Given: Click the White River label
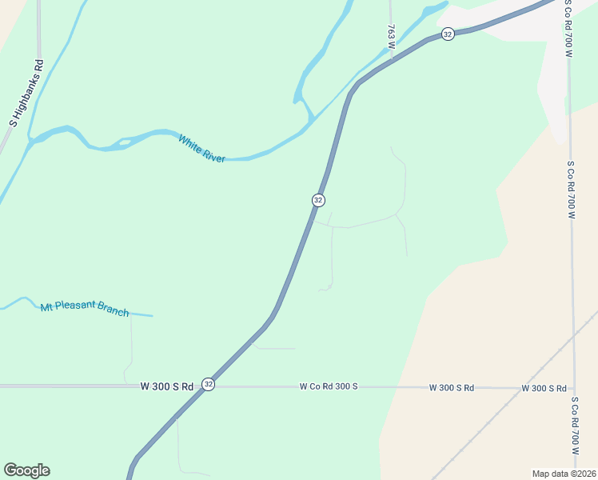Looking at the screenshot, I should (201, 149).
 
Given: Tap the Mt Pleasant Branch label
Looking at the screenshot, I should (85, 308).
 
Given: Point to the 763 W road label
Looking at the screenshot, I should (391, 37).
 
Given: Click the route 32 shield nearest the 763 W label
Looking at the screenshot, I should (448, 34).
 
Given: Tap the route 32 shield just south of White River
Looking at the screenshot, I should (318, 199).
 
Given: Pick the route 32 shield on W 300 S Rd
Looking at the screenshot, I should (208, 385).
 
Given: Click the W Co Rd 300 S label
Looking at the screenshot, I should (329, 386).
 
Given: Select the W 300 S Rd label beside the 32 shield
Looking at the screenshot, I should (167, 386).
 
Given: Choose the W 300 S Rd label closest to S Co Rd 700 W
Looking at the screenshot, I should (544, 388).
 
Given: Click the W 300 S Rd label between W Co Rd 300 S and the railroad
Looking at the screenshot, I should (452, 387).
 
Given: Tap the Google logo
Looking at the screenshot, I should (26, 470).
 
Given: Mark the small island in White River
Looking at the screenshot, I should (124, 142).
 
